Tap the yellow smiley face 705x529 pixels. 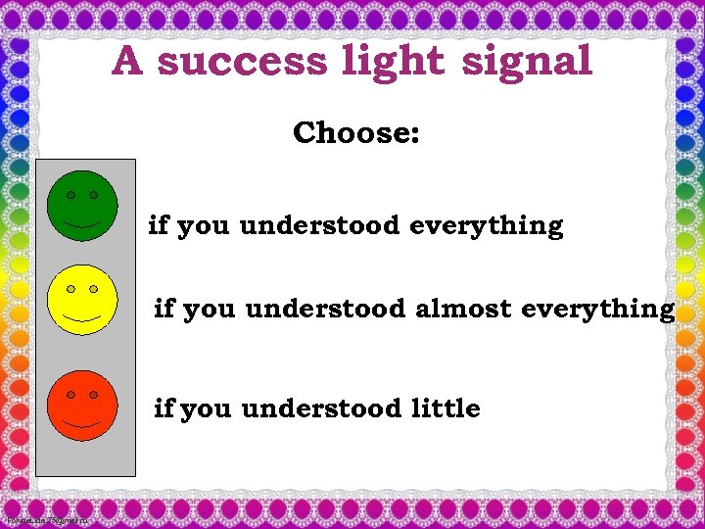[82, 299]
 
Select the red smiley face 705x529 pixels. [82, 405]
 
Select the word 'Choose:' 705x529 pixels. [356, 132]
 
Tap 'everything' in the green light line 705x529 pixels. [487, 226]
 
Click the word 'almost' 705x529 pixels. [463, 310]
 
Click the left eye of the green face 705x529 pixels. [71, 196]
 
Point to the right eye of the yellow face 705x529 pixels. [94, 289]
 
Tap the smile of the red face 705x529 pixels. [82, 425]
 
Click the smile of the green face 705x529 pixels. [82, 225]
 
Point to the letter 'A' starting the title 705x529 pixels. [128, 62]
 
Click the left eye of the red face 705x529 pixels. [71, 395]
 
